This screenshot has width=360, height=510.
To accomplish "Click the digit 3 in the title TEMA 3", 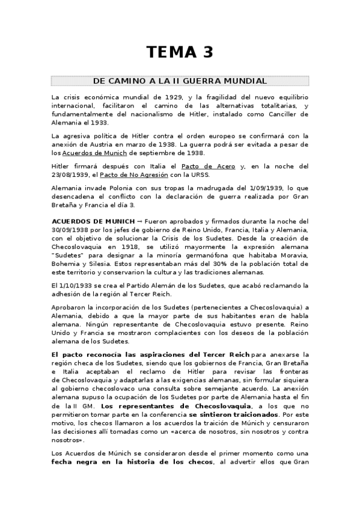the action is click(x=206, y=53).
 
